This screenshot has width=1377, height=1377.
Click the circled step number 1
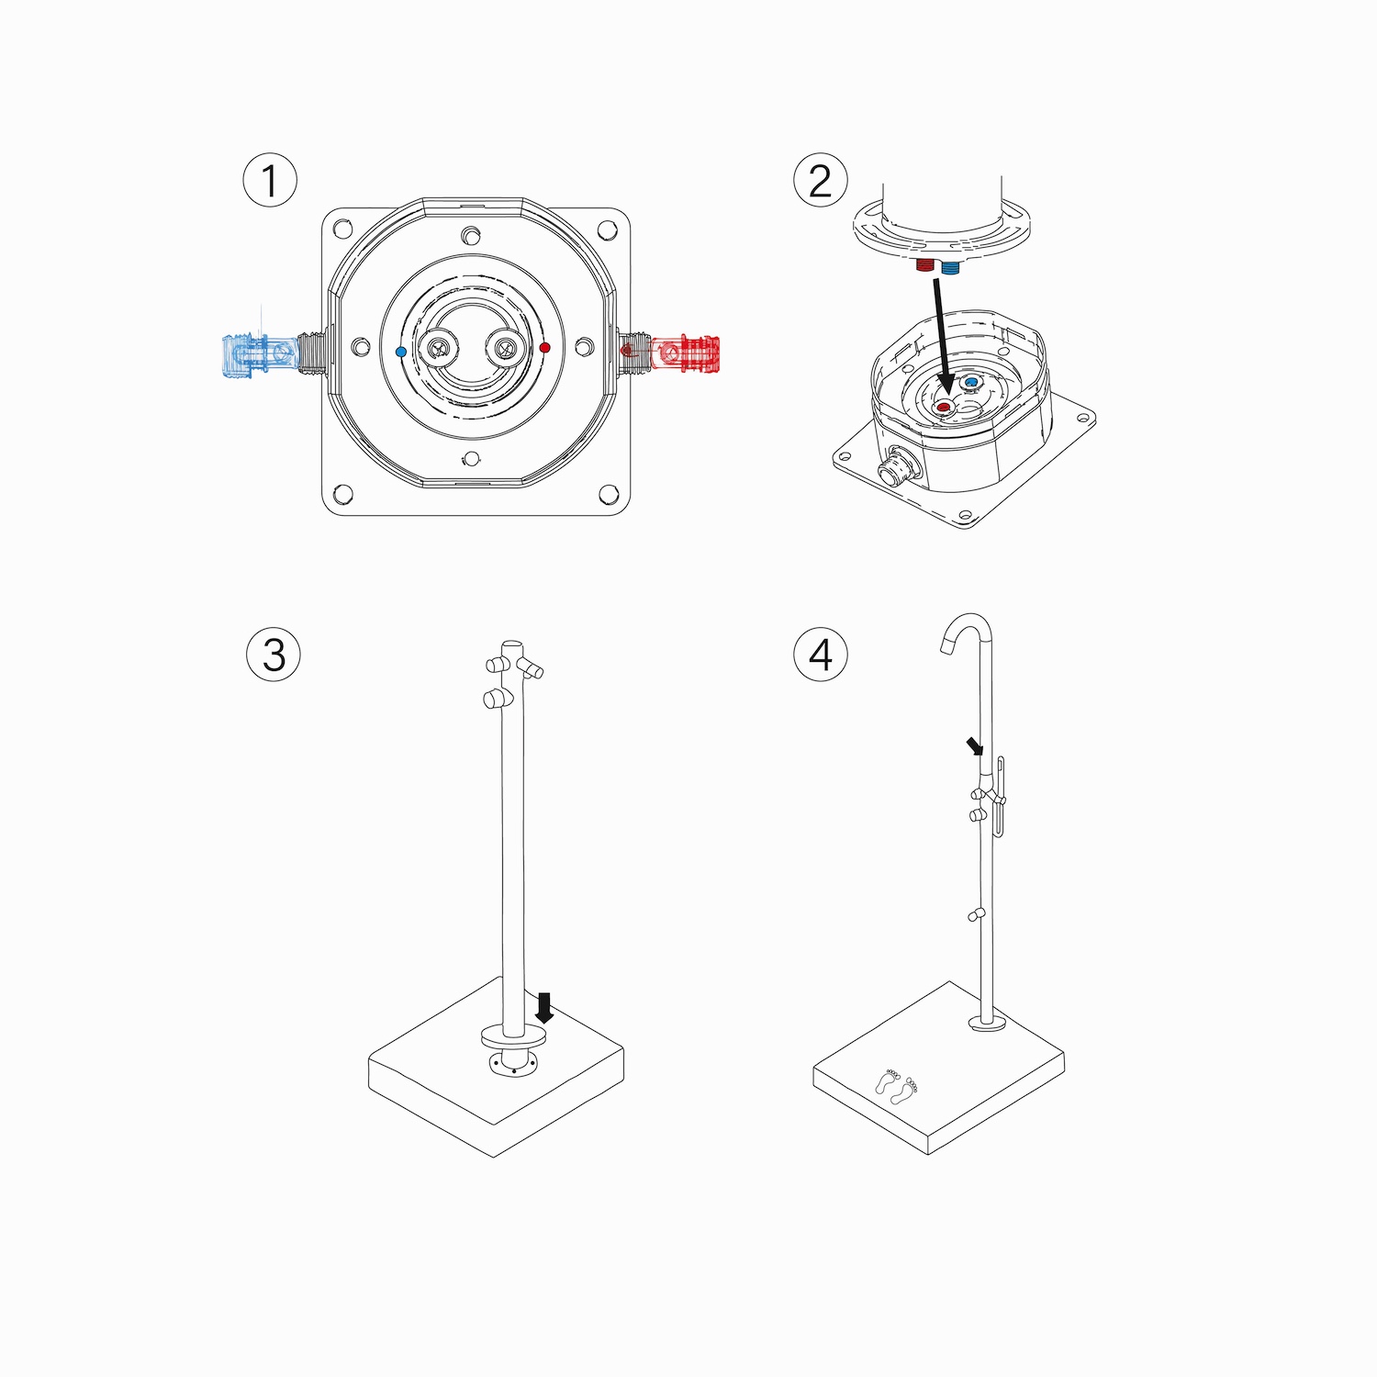point(270,180)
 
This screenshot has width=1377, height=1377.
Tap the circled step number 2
point(821,180)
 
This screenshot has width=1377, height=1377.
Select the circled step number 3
point(274,655)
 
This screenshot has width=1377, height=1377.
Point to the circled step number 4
point(821,655)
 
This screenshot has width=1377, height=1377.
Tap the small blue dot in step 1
point(400,352)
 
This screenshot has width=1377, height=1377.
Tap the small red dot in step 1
point(545,348)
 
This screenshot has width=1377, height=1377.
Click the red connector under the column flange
point(925,265)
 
